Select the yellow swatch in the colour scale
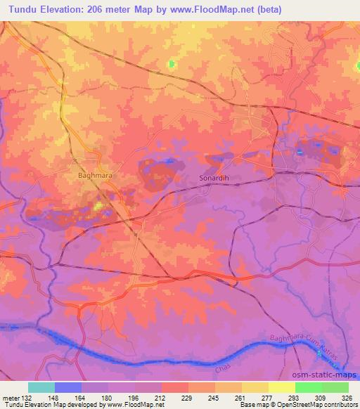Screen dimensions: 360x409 pos(281,387)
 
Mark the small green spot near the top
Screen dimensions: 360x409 pos(172,64)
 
